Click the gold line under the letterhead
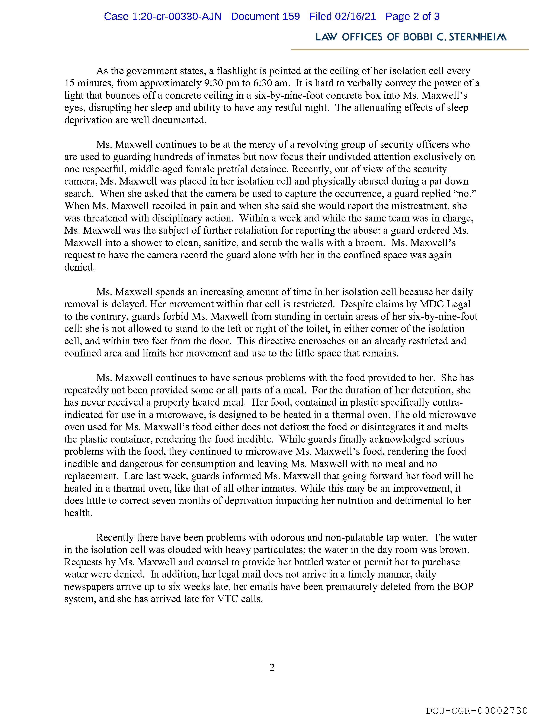pos(410,50)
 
